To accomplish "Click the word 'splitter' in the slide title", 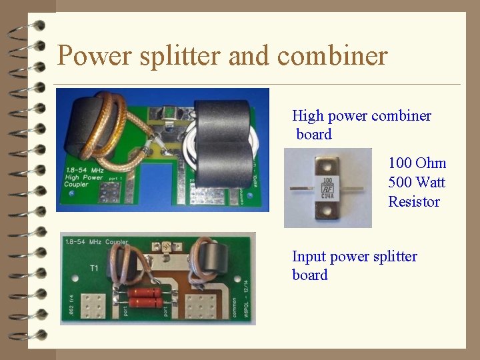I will coord(181,55).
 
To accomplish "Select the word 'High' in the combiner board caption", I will coord(307,116).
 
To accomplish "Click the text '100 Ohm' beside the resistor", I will coord(417,163).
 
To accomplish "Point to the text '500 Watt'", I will coord(417,183).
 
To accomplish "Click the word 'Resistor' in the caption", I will coord(414,201).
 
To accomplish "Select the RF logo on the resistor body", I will coord(328,187).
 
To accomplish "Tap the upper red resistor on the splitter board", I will coord(146,292).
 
